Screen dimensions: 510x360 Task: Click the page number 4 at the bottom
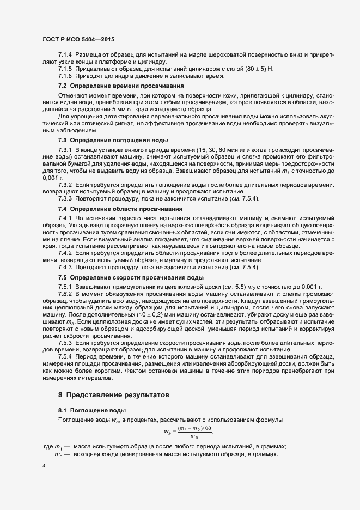[x=44, y=466]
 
